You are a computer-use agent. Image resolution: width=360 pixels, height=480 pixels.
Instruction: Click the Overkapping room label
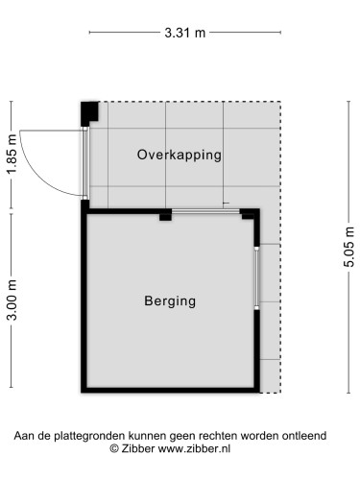[x=180, y=154]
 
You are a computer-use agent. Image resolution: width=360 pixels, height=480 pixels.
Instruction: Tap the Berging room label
[x=170, y=300]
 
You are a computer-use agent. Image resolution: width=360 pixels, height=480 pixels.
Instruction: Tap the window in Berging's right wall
[x=256, y=278]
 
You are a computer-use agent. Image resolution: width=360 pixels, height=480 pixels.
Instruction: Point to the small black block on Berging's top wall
[x=165, y=215]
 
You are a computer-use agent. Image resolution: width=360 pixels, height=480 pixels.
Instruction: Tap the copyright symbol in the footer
[x=114, y=448]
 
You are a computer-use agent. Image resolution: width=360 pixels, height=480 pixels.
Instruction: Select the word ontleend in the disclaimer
[x=304, y=435]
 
